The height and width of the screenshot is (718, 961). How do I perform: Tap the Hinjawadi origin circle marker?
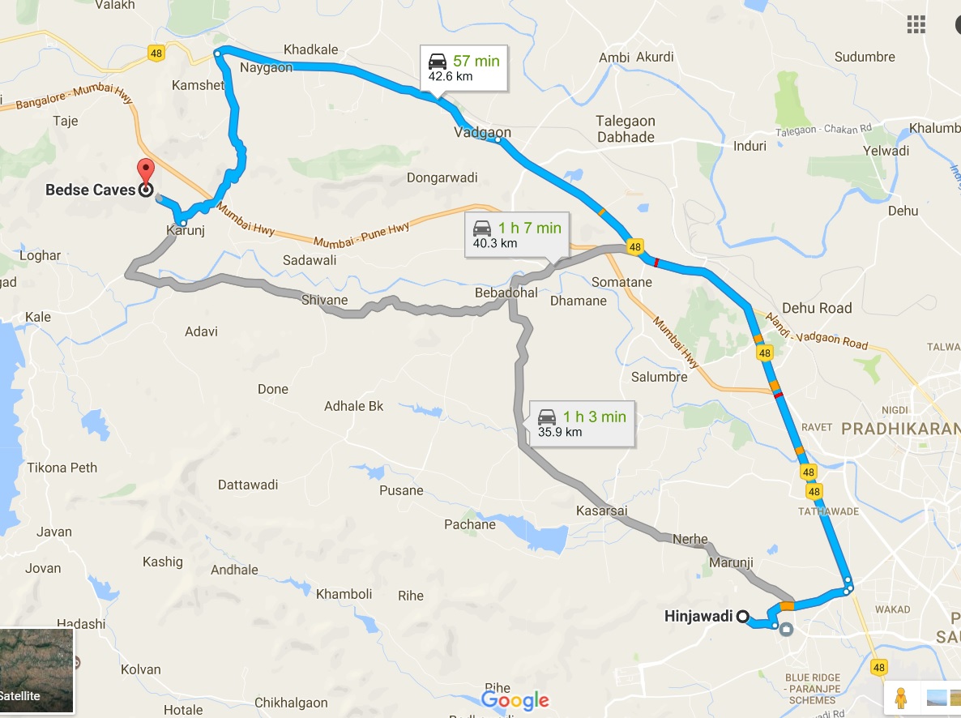point(741,616)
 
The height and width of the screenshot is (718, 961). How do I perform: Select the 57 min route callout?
point(463,68)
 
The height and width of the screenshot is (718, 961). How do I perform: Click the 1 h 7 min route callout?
point(517,235)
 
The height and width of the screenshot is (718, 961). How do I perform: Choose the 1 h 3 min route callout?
point(581,424)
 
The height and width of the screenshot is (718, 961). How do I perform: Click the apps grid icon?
point(916,24)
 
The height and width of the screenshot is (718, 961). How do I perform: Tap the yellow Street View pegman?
point(899,696)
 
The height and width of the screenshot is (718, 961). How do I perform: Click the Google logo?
point(515,701)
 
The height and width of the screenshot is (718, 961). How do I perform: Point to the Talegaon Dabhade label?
point(626,129)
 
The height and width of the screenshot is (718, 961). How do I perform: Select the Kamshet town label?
point(198,85)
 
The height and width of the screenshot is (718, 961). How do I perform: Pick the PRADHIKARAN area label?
point(900,428)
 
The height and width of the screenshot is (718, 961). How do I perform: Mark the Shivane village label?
point(324,300)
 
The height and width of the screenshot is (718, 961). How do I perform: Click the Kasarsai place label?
point(601,511)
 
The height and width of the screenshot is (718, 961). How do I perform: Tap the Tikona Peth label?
point(62,468)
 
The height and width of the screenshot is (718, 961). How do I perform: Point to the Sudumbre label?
point(865,57)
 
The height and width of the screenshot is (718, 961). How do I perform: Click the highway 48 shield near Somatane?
point(634,247)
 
